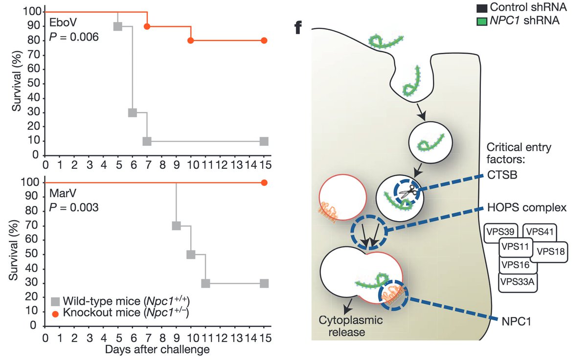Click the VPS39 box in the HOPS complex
coord(500,231)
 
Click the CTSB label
coord(502,175)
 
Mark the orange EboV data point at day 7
coord(147,26)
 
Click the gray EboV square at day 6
coord(133,112)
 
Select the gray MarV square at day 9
coord(176,226)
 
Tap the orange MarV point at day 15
coord(264,182)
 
